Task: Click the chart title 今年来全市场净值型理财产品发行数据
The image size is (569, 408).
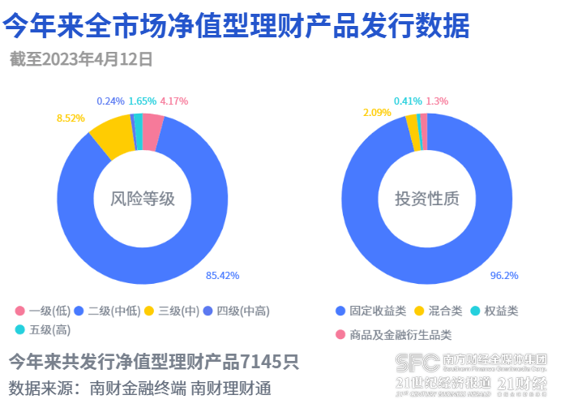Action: click(x=237, y=27)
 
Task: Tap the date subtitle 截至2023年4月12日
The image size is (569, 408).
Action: click(x=81, y=59)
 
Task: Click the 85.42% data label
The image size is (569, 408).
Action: click(x=223, y=276)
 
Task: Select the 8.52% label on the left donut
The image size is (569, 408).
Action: click(x=71, y=118)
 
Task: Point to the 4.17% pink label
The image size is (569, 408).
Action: click(x=173, y=101)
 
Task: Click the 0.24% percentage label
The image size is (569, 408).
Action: click(x=110, y=101)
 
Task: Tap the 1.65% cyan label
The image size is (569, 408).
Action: click(x=142, y=101)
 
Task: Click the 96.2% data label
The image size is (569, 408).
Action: click(x=504, y=276)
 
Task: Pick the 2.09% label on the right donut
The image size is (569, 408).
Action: click(x=377, y=112)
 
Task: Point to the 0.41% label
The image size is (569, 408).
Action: click(x=408, y=101)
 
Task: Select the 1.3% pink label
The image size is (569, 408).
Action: click(x=437, y=101)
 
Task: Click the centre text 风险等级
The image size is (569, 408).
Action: click(x=143, y=199)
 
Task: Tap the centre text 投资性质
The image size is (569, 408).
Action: click(x=426, y=199)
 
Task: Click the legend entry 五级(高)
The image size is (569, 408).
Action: click(x=44, y=329)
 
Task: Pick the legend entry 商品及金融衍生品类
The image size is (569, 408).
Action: click(x=393, y=334)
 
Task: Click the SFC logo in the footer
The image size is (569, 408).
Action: click(x=416, y=361)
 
